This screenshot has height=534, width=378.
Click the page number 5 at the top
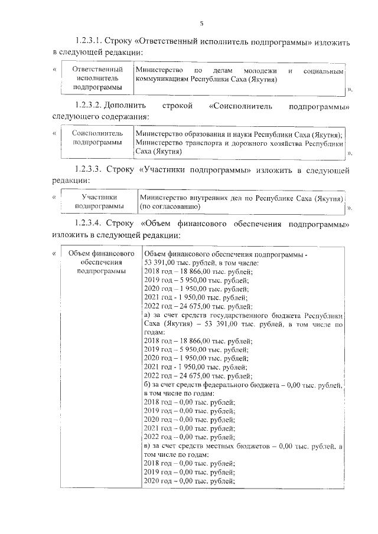tap(201, 23)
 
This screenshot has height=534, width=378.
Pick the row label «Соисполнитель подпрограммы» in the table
tap(93, 138)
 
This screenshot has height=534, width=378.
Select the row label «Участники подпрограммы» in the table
tap(99, 201)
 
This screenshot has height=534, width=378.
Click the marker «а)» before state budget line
tap(148, 315)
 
